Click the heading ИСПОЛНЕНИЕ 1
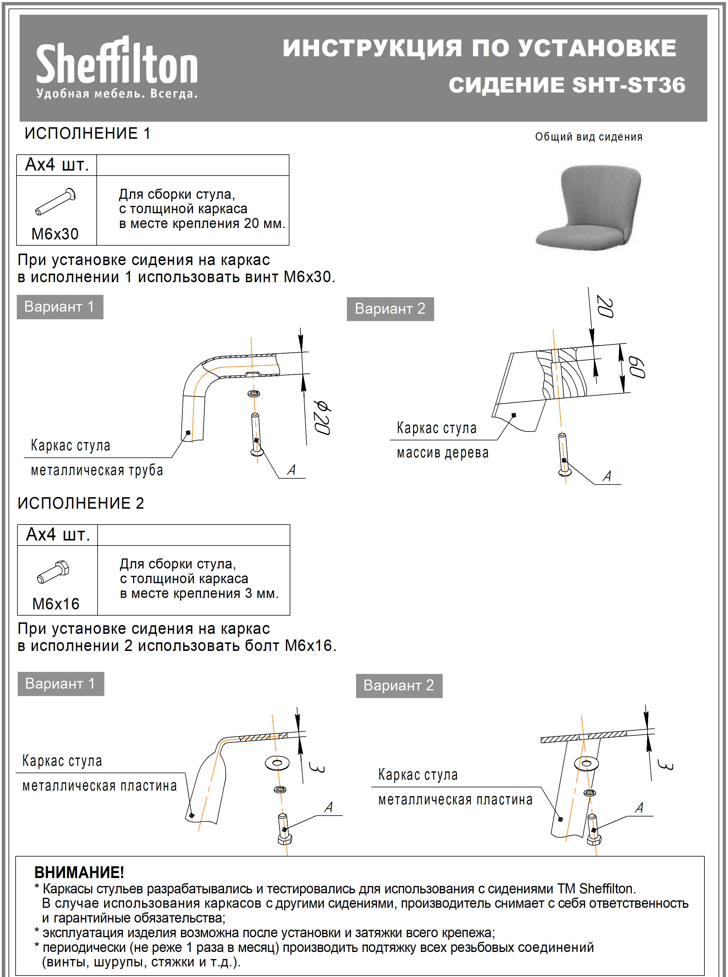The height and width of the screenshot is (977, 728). tap(87, 133)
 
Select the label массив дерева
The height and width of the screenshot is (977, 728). tap(442, 453)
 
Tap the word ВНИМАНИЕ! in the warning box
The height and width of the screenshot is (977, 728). tap(79, 872)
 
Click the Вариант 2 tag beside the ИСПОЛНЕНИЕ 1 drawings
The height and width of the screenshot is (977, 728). tap(390, 309)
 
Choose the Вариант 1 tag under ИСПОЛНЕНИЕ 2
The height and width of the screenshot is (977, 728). tap(60, 683)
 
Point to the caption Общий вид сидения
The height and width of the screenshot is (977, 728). tap(588, 137)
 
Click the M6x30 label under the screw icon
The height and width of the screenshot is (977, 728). tap(55, 234)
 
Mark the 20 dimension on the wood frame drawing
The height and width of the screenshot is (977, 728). tap(605, 307)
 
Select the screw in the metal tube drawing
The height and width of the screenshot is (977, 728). tap(256, 435)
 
